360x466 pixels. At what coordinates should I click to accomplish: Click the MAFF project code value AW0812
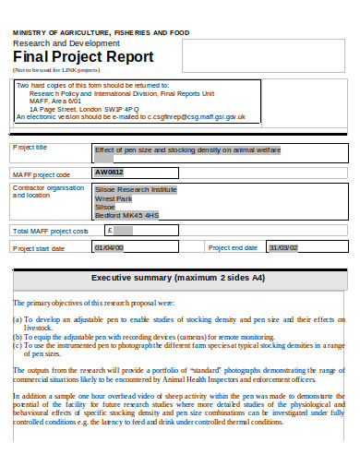pyautogui.click(x=110, y=172)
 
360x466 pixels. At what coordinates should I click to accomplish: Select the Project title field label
pyautogui.click(x=30, y=147)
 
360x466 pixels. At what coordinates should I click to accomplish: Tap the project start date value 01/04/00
pyautogui.click(x=109, y=248)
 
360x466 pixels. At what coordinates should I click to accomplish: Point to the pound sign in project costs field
pyautogui.click(x=109, y=230)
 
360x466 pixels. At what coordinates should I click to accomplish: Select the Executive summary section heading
pyautogui.click(x=179, y=278)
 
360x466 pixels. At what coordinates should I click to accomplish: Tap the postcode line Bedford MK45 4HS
pyautogui.click(x=127, y=215)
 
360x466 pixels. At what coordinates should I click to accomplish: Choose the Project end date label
pyautogui.click(x=233, y=248)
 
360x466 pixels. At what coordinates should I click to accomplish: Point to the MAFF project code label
pyautogui.click(x=41, y=173)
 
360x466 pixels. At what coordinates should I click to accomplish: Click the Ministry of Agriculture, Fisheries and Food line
pyautogui.click(x=101, y=32)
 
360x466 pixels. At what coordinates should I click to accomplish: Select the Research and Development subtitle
pyautogui.click(x=66, y=43)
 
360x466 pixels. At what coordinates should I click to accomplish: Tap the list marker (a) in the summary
pyautogui.click(x=18, y=319)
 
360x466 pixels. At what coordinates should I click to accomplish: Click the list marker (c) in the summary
pyautogui.click(x=18, y=344)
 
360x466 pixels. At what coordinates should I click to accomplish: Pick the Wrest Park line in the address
pyautogui.click(x=114, y=198)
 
